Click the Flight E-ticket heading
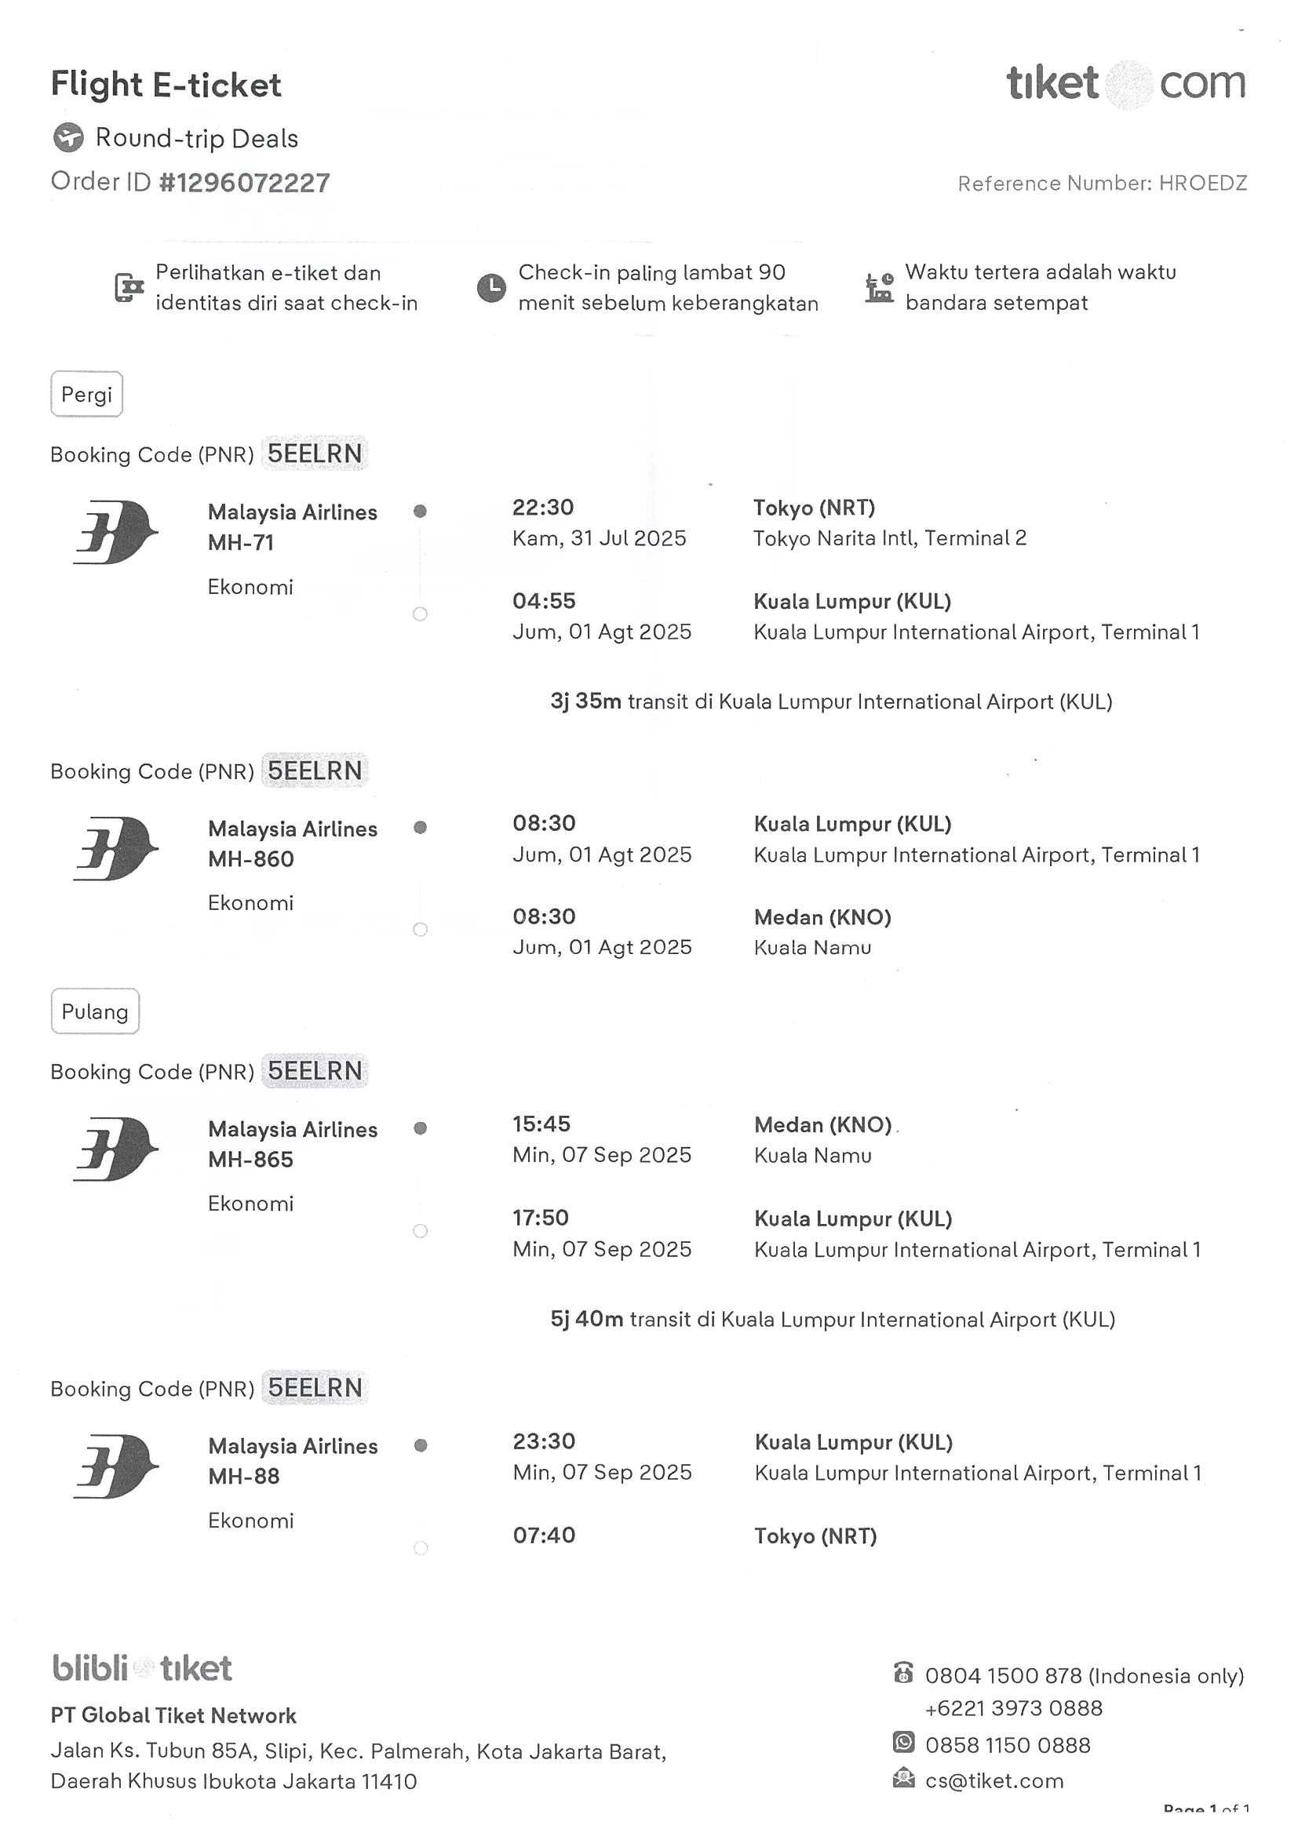166,85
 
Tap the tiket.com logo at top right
1125,84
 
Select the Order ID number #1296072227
244,183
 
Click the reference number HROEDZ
1202,184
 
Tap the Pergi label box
86,394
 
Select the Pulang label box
94,1011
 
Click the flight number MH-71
241,543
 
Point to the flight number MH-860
250,859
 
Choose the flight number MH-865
250,1160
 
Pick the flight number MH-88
244,1476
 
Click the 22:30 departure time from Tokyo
543,508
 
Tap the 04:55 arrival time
544,601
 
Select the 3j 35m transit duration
585,701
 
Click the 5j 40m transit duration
586,1319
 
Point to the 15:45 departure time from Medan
541,1124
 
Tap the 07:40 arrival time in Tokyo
544,1535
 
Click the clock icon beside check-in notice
491,288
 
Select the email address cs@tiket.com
994,1781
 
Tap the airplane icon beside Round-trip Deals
68,137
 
